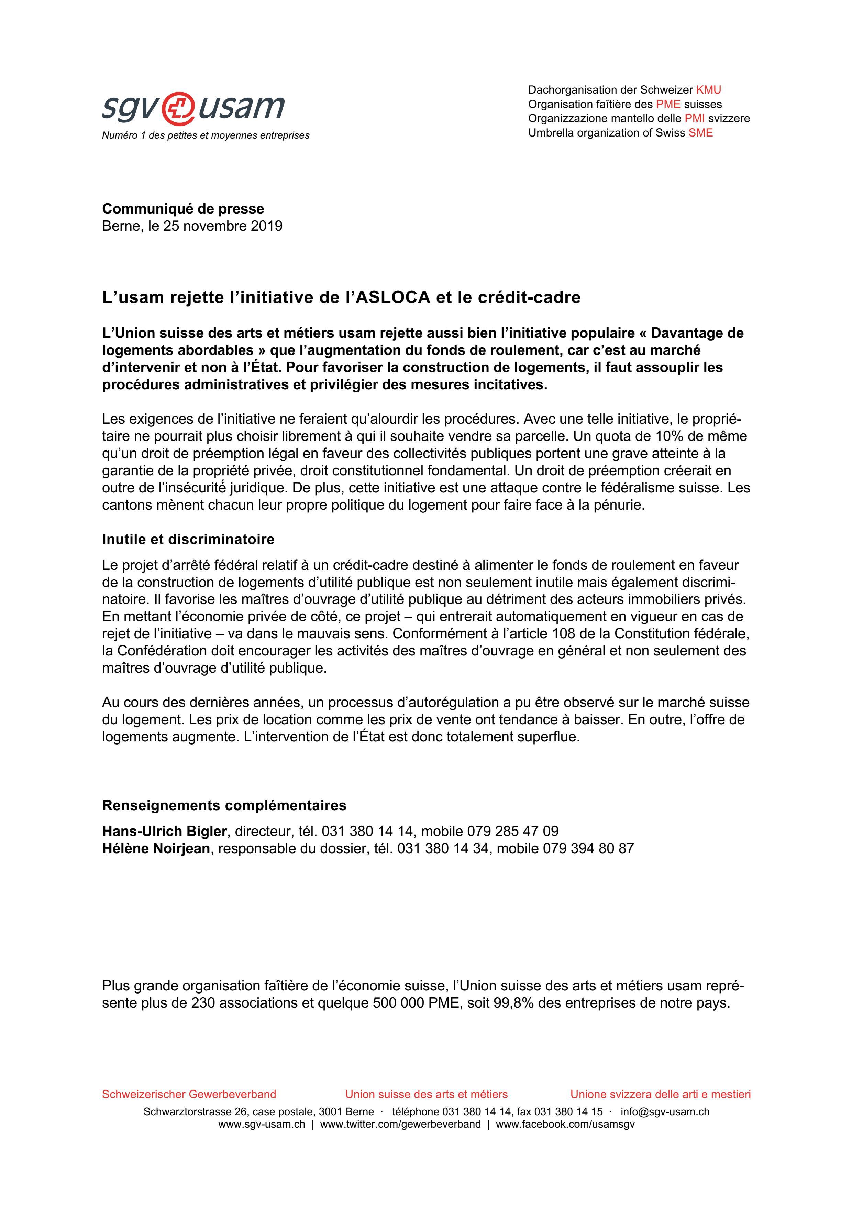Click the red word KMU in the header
[708, 90]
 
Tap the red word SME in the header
[700, 133]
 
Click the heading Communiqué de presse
[183, 209]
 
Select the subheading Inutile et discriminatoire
[188, 539]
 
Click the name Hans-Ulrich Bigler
[164, 831]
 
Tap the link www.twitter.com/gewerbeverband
[400, 1124]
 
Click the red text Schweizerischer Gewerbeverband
[189, 1094]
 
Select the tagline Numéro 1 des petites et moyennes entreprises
[206, 135]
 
